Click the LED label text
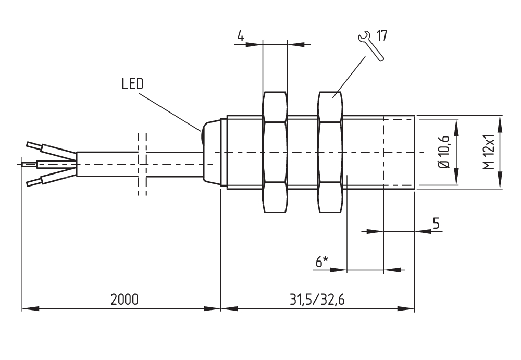pos(132,84)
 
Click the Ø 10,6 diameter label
pos(444,152)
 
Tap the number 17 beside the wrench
pos(381,36)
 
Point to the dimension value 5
pos(436,223)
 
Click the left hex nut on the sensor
pos(275,152)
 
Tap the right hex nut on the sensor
pos(330,152)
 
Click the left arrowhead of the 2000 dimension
pos(29,309)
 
